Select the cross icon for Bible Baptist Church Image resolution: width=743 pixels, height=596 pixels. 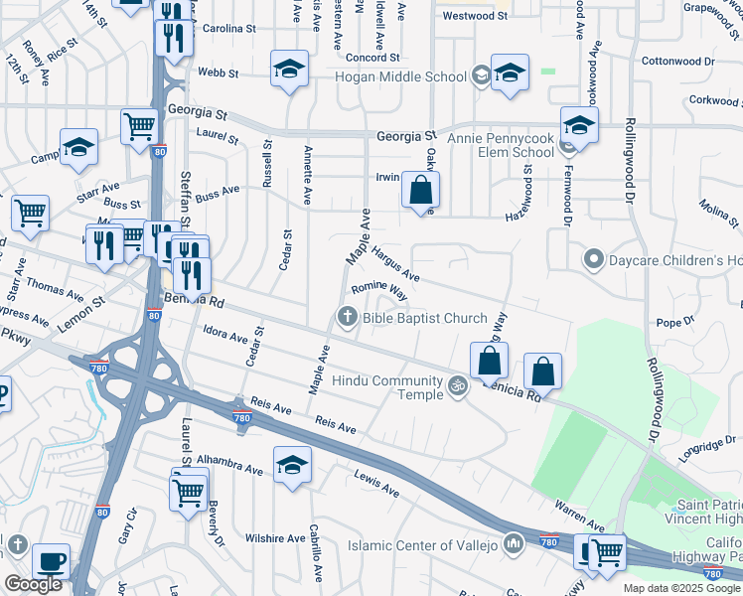(x=347, y=318)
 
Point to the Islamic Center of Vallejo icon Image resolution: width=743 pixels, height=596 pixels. (x=514, y=544)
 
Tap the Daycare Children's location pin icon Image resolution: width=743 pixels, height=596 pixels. (x=594, y=260)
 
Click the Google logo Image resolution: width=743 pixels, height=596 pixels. (x=33, y=584)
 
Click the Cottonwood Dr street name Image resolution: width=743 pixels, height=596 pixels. (x=678, y=61)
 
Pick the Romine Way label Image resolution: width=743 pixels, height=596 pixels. (x=379, y=290)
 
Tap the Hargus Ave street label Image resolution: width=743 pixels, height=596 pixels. (x=395, y=264)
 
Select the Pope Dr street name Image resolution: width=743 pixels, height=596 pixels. (x=674, y=323)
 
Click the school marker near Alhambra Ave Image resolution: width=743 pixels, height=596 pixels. (x=292, y=465)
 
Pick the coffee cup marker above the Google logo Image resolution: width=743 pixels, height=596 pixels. (x=51, y=560)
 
